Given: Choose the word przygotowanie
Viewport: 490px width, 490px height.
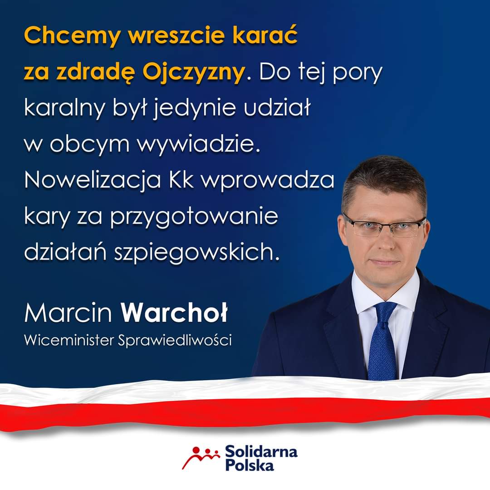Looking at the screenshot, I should [x=193, y=216].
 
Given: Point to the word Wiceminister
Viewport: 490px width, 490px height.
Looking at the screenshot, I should [x=68, y=340].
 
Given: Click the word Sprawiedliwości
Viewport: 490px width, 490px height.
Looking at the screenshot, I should [x=175, y=340].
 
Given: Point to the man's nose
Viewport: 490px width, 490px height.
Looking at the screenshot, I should [x=383, y=240].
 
